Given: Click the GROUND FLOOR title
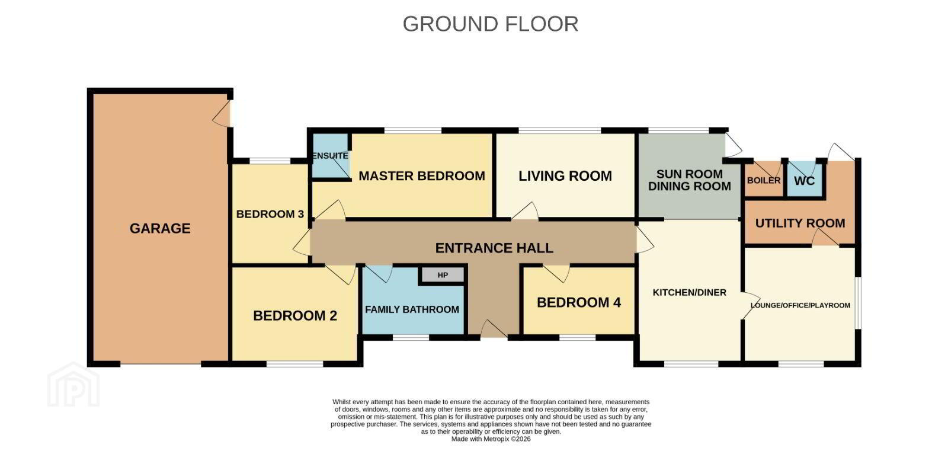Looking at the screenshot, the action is tap(490, 24).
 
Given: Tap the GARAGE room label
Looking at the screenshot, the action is tap(160, 229).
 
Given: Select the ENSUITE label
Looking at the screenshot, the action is tap(330, 156).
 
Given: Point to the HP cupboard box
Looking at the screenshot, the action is tap(443, 275).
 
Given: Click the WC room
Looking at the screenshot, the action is tap(805, 180).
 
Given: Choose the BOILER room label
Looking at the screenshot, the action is tap(764, 180).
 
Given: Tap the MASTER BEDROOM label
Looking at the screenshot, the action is tap(421, 176).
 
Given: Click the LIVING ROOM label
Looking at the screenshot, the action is tap(565, 176).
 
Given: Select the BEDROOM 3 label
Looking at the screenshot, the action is tap(270, 215).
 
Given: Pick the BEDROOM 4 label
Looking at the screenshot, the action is tap(579, 302).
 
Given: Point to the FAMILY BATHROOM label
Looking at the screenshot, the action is tap(412, 309).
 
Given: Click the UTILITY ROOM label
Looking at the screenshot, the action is tap(800, 223).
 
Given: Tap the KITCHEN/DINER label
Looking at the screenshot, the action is tap(690, 292).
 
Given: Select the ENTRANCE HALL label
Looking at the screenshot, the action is tap(494, 248).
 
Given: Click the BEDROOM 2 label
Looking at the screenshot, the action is tap(295, 315).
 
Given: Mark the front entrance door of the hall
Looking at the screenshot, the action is tap(494, 330).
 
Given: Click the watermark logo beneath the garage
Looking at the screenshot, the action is tap(73, 385).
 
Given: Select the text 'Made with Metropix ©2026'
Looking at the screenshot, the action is tap(491, 439).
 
